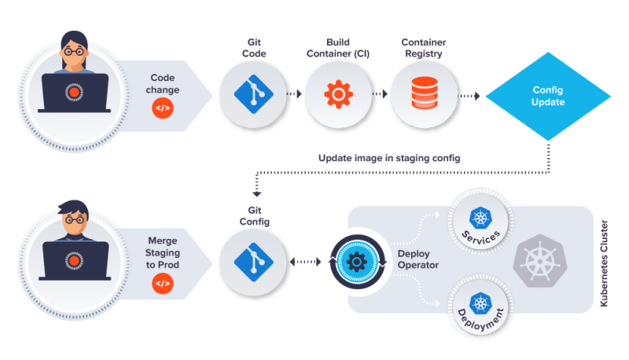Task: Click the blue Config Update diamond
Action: point(548,96)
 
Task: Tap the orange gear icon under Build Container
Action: point(339,94)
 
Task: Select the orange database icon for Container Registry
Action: point(425,93)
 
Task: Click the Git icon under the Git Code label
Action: point(253,94)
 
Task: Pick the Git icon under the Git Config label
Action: point(253,262)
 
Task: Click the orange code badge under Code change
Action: point(163,108)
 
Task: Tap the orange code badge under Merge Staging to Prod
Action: point(163,284)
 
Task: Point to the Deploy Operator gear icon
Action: point(357,262)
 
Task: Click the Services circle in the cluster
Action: point(480,222)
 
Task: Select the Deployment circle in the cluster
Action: point(480,307)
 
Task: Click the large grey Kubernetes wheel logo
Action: point(540,261)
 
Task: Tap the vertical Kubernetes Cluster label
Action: point(604,263)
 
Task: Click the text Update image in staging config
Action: point(389,158)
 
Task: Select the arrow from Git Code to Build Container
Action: point(294,94)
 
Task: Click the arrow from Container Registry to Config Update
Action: point(469,96)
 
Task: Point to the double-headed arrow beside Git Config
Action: point(305,262)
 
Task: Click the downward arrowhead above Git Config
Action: point(257,194)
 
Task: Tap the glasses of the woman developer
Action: point(74,51)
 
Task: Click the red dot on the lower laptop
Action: point(74,261)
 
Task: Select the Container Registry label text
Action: point(424,48)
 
